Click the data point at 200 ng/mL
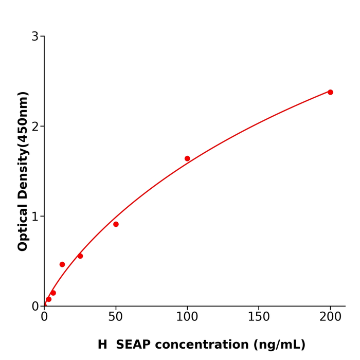[330, 92]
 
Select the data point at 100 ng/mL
[187, 158]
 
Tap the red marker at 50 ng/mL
[116, 224]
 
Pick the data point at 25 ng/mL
[80, 256]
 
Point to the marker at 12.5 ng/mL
[62, 264]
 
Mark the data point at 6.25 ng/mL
[53, 293]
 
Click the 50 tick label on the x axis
[116, 317]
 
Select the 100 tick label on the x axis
[187, 317]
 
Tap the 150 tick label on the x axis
[259, 317]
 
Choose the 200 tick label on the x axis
[330, 317]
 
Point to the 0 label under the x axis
[44, 317]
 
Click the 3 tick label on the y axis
[35, 37]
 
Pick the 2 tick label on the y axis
[35, 127]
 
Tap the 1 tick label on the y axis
[35, 217]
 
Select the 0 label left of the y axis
[35, 307]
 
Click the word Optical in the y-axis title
[23, 228]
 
